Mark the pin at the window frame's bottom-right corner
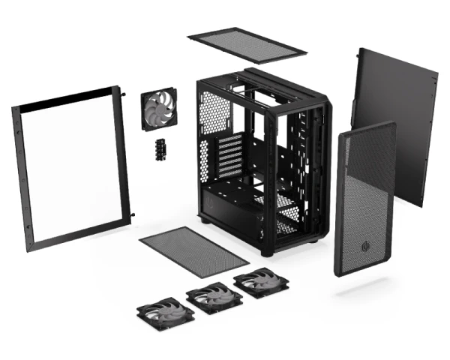tap(132, 218)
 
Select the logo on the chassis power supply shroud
tap(217, 202)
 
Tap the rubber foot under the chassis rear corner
tap(205, 222)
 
